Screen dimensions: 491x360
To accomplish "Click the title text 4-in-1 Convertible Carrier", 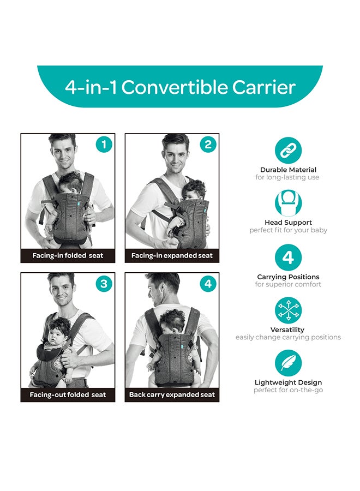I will click(180, 87).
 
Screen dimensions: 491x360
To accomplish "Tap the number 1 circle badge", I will click(104, 145).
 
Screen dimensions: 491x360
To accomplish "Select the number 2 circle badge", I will click(208, 145).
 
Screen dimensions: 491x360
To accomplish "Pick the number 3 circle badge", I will click(104, 284).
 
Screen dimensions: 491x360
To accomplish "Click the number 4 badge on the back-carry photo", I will click(208, 284).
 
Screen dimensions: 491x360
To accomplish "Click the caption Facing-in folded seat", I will click(68, 255).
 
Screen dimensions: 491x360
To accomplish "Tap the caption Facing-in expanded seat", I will click(172, 255).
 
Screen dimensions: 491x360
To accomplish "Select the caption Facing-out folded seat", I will click(68, 394).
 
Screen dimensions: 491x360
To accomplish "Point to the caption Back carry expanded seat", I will click(172, 394).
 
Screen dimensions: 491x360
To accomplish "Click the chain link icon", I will click(288, 151).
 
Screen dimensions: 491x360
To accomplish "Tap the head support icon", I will click(288, 203).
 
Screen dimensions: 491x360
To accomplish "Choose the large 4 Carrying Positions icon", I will click(288, 258).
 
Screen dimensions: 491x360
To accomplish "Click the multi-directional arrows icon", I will click(288, 310).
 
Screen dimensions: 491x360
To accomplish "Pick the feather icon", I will click(288, 363).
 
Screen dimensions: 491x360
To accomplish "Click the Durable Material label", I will click(288, 170).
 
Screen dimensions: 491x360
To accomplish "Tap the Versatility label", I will click(288, 330).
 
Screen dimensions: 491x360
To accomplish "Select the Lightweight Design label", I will click(288, 382).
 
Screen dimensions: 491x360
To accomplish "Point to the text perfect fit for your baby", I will click(288, 230).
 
